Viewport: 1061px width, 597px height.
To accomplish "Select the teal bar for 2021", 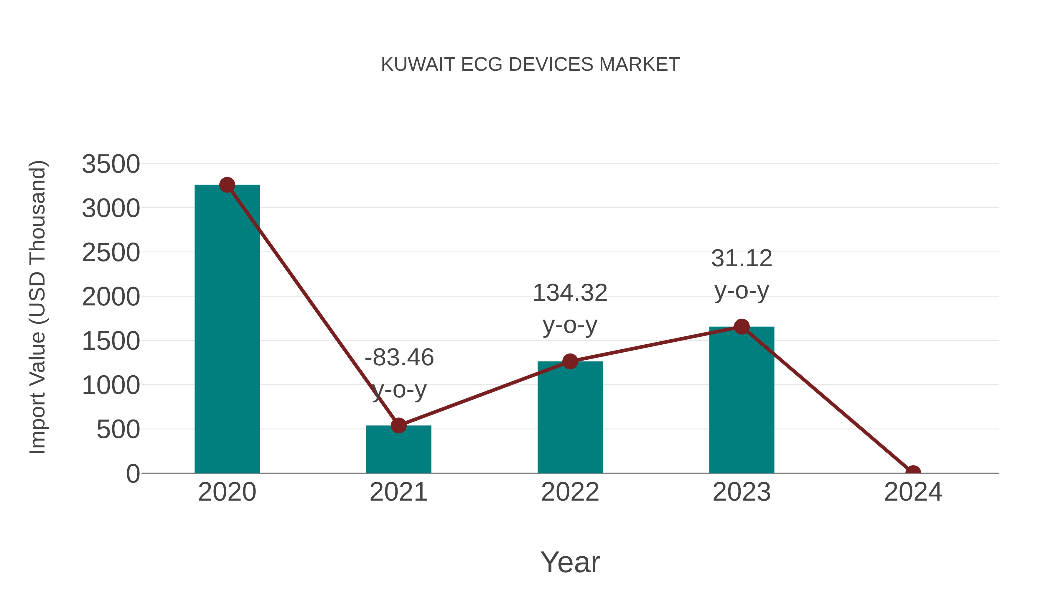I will pyautogui.click(x=398, y=449).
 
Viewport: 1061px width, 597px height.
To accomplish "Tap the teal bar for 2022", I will pyautogui.click(x=570, y=417).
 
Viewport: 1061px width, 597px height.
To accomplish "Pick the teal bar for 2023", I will pyautogui.click(x=742, y=400).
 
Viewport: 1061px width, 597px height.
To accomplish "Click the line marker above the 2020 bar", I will pyautogui.click(x=227, y=185).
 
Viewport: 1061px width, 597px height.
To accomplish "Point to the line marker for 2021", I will pyautogui.click(x=398, y=425).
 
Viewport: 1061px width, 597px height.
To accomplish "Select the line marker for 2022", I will pyautogui.click(x=570, y=361).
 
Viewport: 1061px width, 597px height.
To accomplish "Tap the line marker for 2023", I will pyautogui.click(x=742, y=327).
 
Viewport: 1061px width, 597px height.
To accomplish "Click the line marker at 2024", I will pyautogui.click(x=913, y=472).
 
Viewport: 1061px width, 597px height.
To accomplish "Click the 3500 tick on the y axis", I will pyautogui.click(x=111, y=164).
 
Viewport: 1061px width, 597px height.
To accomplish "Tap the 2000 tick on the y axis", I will pyautogui.click(x=111, y=297).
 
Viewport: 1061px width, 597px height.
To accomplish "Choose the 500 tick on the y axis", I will pyautogui.click(x=118, y=430).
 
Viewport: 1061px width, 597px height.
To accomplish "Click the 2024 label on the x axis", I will pyautogui.click(x=913, y=492).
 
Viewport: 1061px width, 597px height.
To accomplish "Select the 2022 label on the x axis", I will pyautogui.click(x=570, y=492).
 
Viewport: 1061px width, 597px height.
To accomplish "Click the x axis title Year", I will pyautogui.click(x=570, y=562).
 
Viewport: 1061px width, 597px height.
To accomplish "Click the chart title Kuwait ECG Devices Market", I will pyautogui.click(x=530, y=65).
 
